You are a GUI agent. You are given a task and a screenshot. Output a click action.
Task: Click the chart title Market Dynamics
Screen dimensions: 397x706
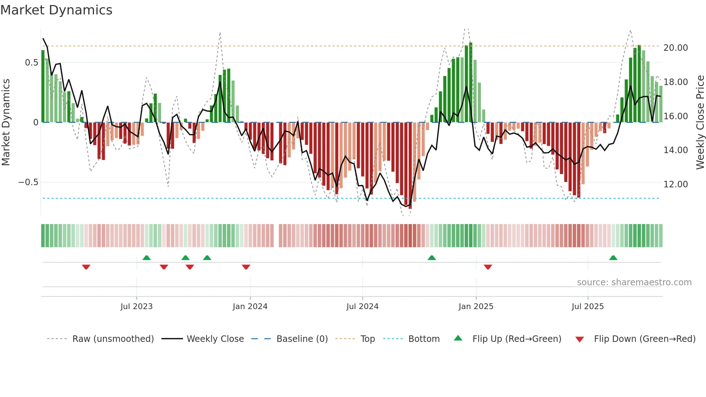[56, 10]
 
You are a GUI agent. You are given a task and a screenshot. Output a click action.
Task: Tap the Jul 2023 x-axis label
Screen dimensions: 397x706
[137, 307]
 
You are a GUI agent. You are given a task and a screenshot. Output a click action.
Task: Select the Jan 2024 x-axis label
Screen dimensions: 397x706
[250, 307]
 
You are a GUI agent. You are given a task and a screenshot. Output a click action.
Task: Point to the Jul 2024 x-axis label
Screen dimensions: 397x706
[362, 307]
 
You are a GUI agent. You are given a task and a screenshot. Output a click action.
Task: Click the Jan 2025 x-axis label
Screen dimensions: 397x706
[476, 307]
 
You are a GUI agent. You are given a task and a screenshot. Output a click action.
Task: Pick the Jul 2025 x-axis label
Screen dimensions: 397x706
[587, 307]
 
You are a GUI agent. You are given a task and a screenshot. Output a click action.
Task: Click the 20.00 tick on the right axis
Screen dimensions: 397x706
[675, 48]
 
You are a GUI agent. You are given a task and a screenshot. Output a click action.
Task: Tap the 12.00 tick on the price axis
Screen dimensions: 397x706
[675, 184]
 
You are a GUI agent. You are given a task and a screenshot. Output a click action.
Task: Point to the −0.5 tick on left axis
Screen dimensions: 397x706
[28, 182]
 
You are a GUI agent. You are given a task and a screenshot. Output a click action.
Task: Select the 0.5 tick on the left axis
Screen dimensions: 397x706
[31, 63]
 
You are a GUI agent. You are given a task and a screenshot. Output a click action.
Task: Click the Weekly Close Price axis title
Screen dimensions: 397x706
[700, 122]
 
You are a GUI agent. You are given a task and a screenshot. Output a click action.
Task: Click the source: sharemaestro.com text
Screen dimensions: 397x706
[634, 282]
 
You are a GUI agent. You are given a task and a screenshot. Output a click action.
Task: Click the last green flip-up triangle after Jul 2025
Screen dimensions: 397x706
[613, 258]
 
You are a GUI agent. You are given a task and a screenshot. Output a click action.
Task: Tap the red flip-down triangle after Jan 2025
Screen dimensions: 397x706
[488, 267]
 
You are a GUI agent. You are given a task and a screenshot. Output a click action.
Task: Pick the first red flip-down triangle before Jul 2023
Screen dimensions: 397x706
[86, 267]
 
